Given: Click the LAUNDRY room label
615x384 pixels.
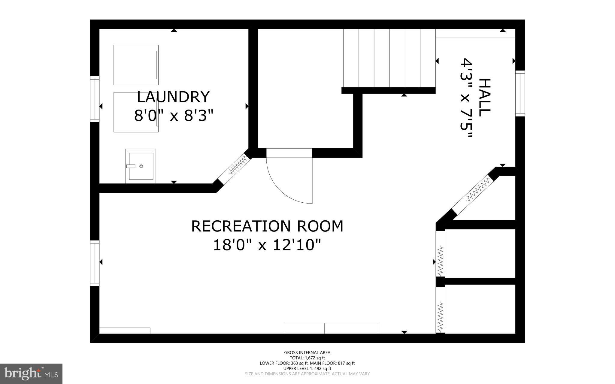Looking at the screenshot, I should pos(173,97).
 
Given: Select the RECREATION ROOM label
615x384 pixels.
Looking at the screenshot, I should pos(267,226).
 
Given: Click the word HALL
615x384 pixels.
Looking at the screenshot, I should pos(484,98).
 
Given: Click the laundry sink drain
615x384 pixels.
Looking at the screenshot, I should pos(141,166).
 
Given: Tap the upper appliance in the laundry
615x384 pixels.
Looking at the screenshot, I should pos(136,65).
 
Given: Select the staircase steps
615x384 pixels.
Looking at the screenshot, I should pos(389,58).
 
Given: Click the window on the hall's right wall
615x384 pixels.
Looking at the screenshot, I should pos(520,93).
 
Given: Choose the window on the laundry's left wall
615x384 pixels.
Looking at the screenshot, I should pos(95,99).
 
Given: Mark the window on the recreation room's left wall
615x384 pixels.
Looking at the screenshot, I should pos(95,263).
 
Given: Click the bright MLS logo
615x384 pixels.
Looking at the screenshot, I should pos(31,373).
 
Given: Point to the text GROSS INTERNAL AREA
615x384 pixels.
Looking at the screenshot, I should pos(307,352).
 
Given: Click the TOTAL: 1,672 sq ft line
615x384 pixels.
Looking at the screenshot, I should pos(307,358).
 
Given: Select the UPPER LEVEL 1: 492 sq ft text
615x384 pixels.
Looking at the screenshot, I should pos(307,368).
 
